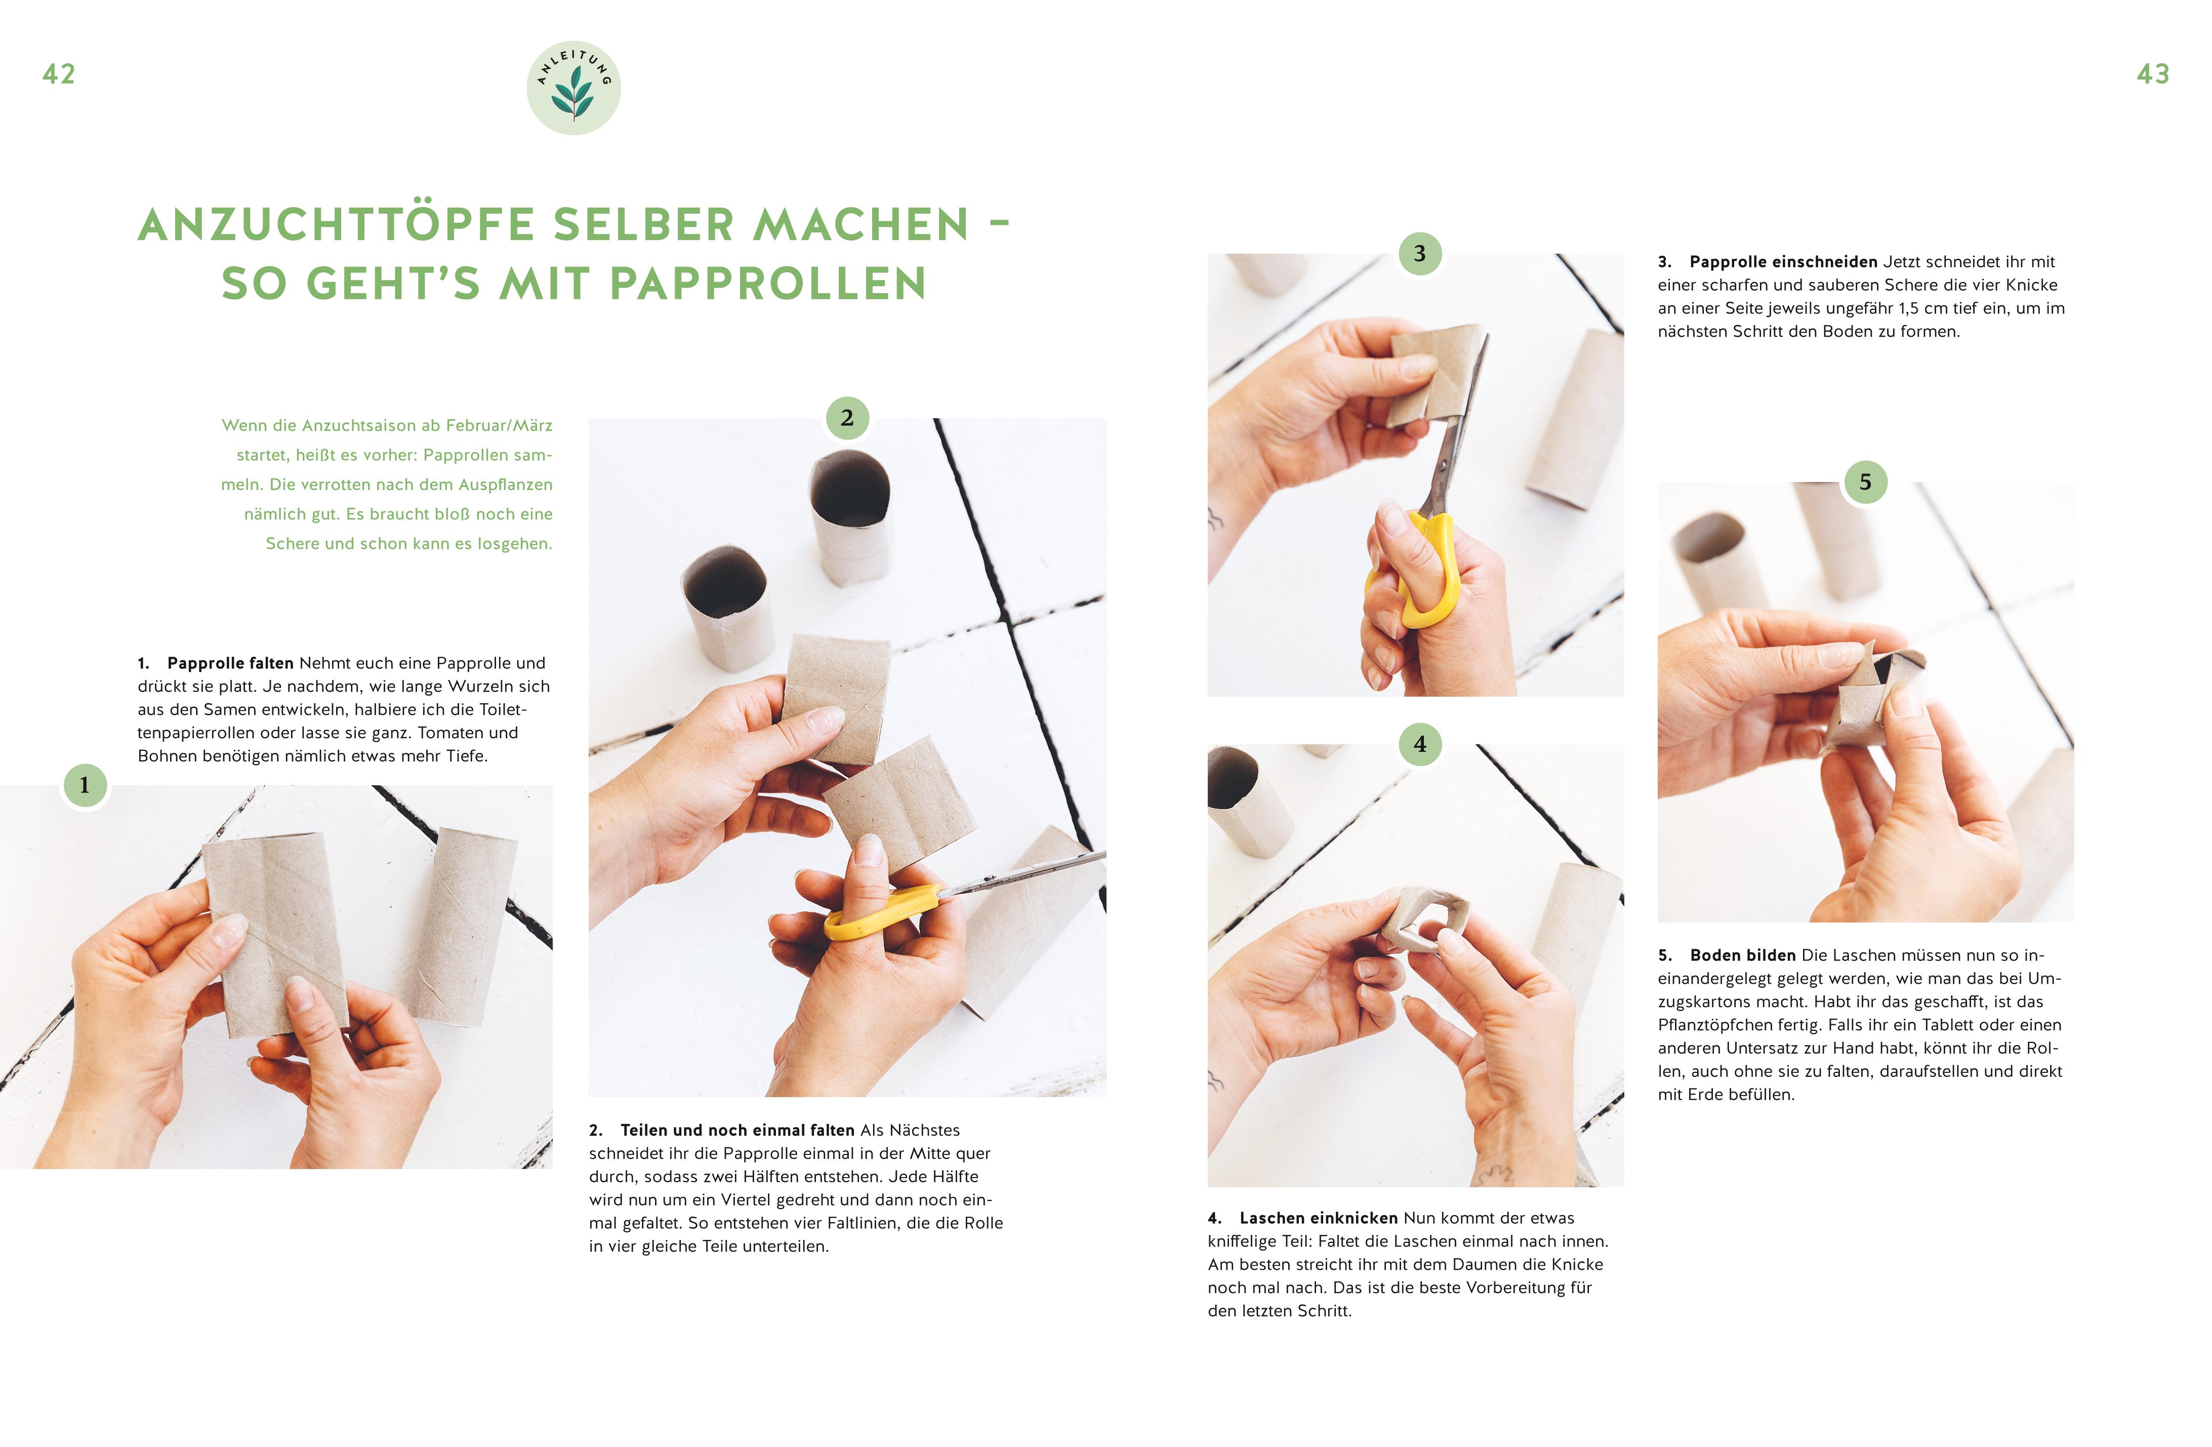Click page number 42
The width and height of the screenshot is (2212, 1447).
pyautogui.click(x=59, y=74)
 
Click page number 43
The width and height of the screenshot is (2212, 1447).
pyautogui.click(x=2152, y=74)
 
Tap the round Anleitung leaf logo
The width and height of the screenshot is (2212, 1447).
pyautogui.click(x=574, y=88)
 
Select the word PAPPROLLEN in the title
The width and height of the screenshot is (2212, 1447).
pyautogui.click(x=768, y=284)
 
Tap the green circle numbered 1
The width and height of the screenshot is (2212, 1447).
pyautogui.click(x=85, y=785)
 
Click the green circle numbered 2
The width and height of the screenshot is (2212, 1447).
pyautogui.click(x=847, y=418)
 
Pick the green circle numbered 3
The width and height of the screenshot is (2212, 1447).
pyautogui.click(x=1419, y=254)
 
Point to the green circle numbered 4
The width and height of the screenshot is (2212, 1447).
pyautogui.click(x=1419, y=744)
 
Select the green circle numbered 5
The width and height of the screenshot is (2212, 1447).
pyautogui.click(x=1865, y=483)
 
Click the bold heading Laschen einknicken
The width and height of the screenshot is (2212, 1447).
pyautogui.click(x=1319, y=1218)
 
